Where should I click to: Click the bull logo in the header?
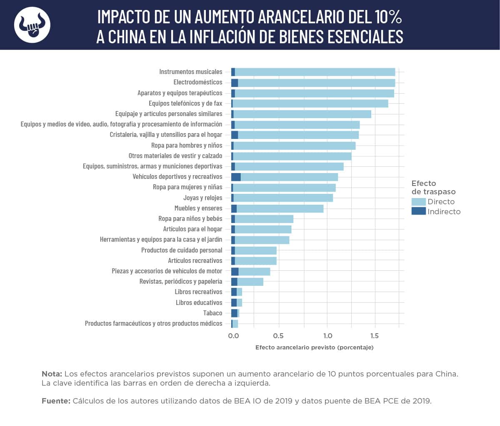click(32, 25)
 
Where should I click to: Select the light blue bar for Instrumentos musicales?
click(315, 72)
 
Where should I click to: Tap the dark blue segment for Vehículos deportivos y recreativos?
click(236, 177)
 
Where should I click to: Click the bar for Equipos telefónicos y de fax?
click(310, 104)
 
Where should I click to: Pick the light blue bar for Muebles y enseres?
click(280, 208)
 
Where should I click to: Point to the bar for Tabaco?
click(235, 313)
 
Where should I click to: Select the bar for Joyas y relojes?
click(283, 198)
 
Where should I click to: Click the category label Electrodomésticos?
click(198, 82)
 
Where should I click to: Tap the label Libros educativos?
click(199, 302)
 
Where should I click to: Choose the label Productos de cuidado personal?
click(182, 250)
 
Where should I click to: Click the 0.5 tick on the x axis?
click(278, 336)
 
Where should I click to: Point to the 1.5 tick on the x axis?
click(375, 336)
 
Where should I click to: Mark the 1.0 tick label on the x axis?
click(327, 336)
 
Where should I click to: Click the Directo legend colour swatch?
click(418, 202)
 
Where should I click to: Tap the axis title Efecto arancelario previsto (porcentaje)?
click(314, 347)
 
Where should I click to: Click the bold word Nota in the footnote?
click(52, 374)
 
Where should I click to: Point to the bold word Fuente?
click(56, 401)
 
